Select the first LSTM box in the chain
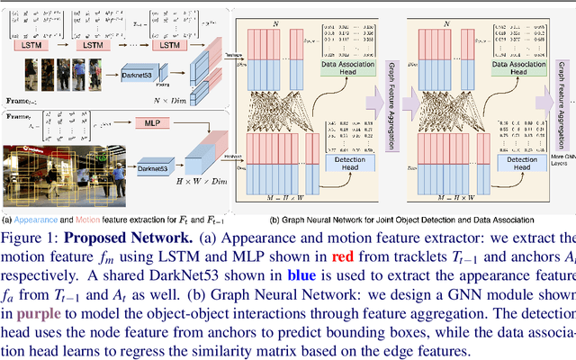[x=28, y=43]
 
